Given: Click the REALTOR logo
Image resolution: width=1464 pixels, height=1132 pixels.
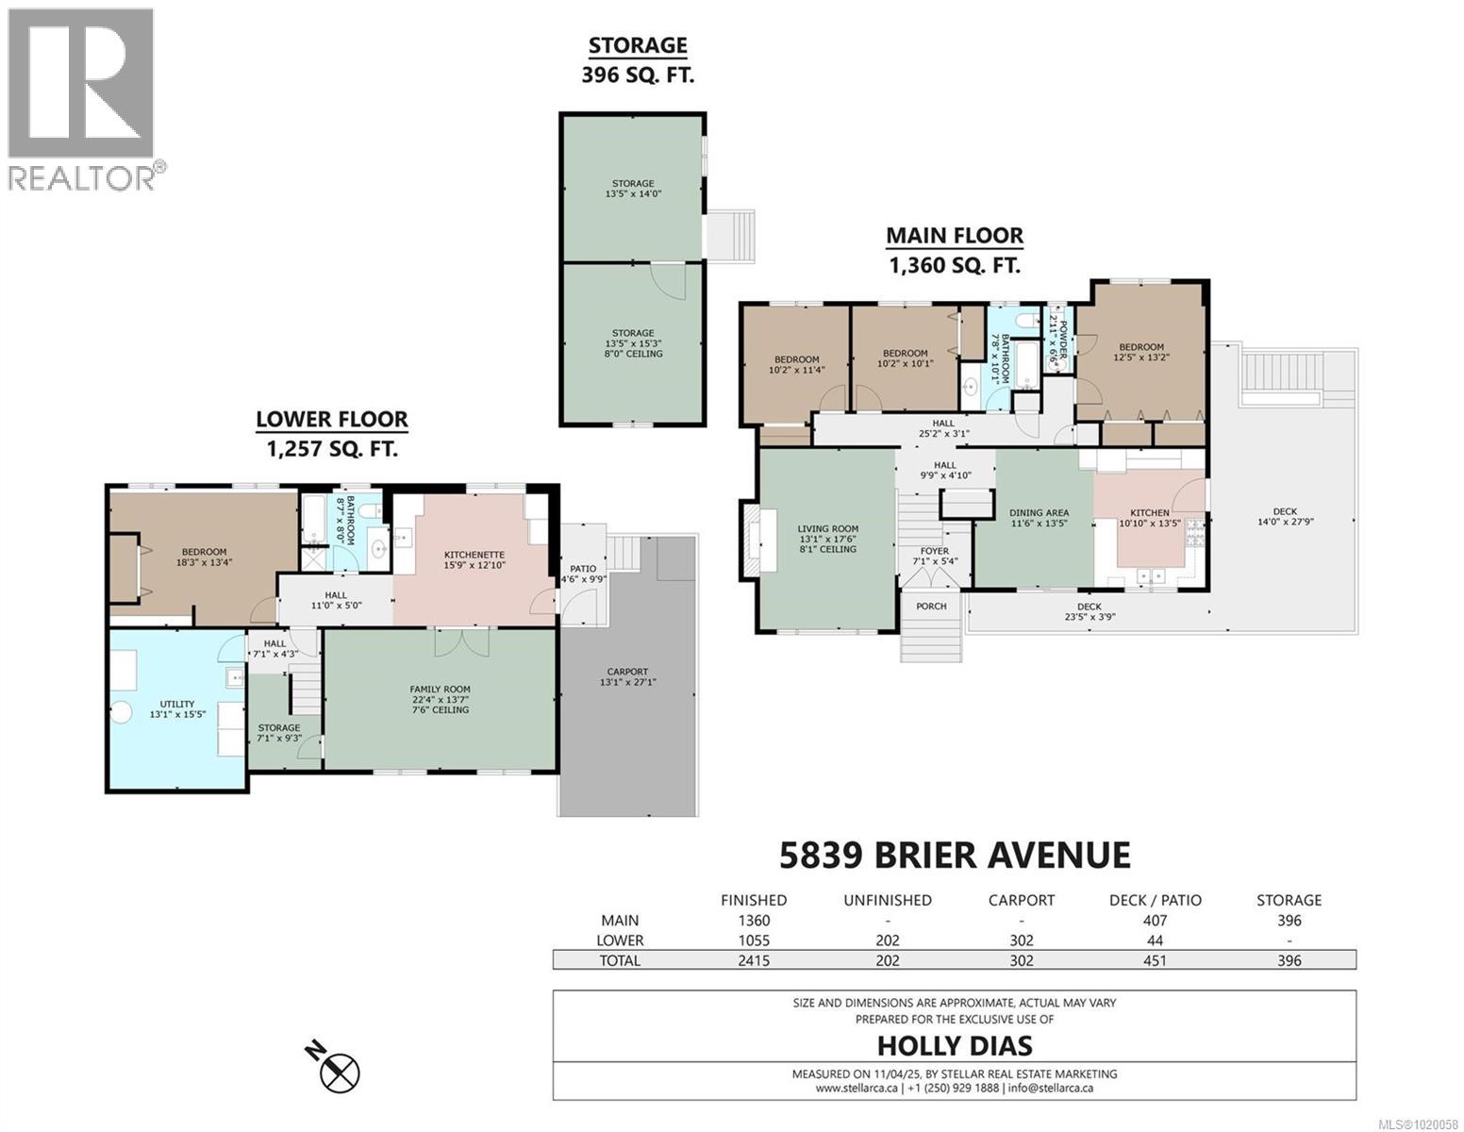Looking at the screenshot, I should pyautogui.click(x=82, y=98).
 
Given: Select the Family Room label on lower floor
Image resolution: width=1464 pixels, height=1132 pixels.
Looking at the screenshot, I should pyautogui.click(x=439, y=699).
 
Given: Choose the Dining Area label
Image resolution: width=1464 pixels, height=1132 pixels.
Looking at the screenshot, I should pyautogui.click(x=1039, y=518).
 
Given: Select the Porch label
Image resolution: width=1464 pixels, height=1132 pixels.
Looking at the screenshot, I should pyautogui.click(x=931, y=606).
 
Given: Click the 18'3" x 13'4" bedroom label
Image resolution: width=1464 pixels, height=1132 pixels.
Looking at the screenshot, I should pyautogui.click(x=204, y=558).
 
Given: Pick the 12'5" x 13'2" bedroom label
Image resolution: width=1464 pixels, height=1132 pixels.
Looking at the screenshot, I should pyautogui.click(x=1141, y=352).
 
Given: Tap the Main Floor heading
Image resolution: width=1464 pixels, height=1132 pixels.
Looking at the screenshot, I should pyautogui.click(x=954, y=250).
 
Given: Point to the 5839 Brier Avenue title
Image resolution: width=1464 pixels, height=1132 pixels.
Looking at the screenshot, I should pyautogui.click(x=954, y=855).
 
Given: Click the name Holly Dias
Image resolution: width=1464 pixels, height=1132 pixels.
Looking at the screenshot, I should pyautogui.click(x=954, y=1045).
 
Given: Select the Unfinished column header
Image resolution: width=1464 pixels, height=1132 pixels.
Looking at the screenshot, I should pyautogui.click(x=887, y=900).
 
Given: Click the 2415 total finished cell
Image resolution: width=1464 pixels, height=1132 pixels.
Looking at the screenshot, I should pyautogui.click(x=753, y=960).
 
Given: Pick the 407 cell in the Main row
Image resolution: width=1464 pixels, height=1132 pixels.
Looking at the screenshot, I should pyautogui.click(x=1155, y=921).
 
